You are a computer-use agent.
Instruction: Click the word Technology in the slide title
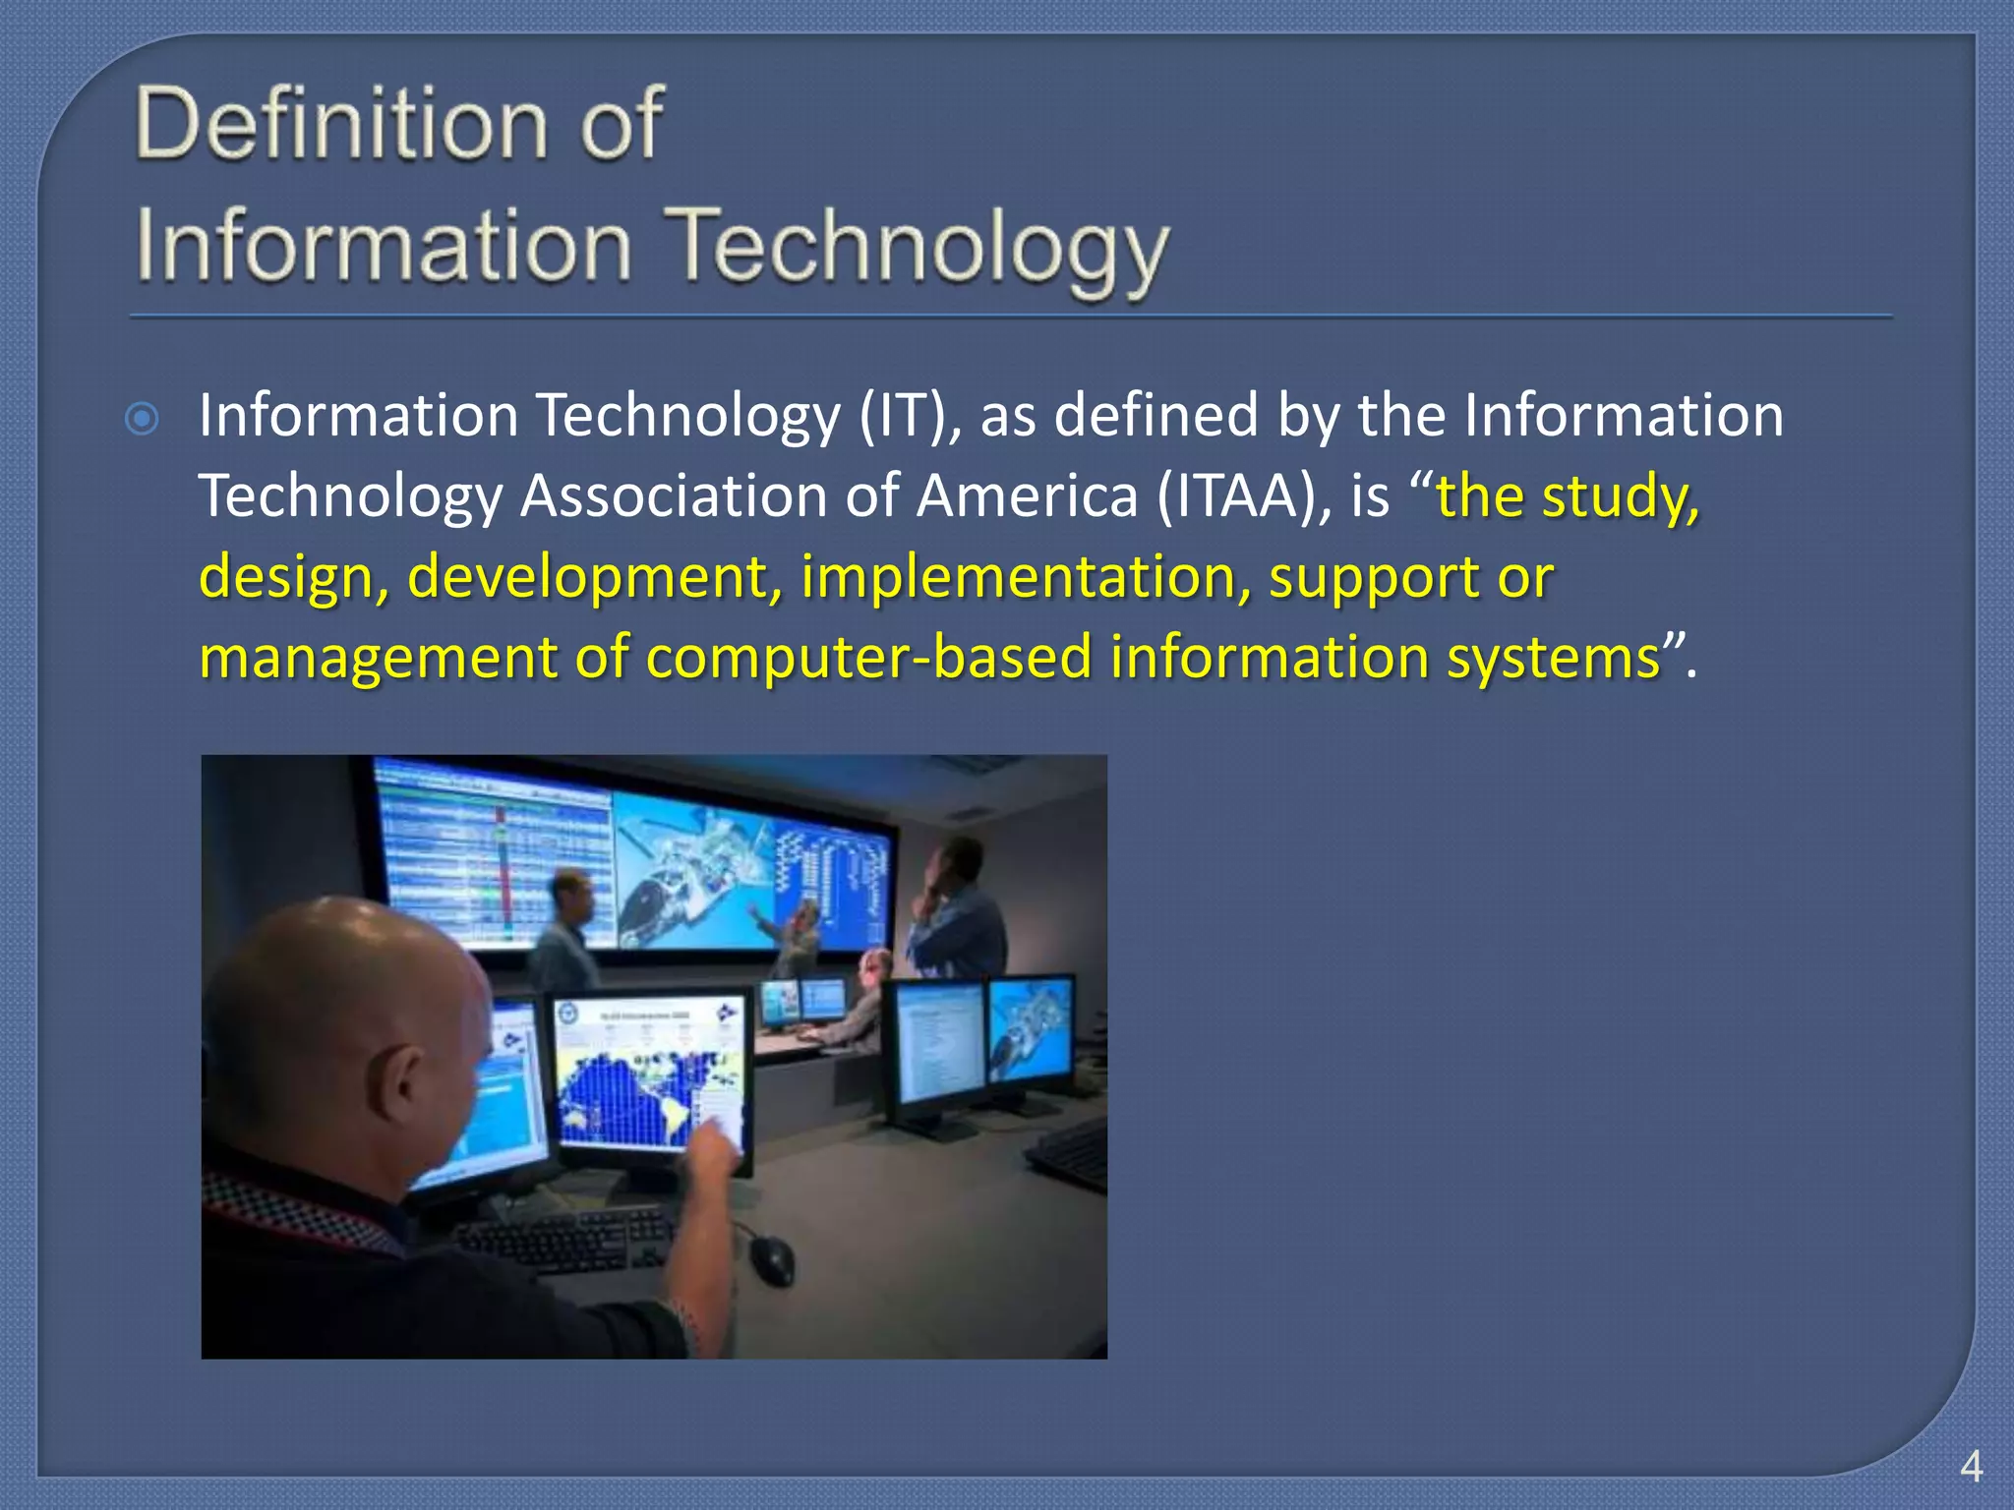point(919,248)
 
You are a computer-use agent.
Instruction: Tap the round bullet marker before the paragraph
point(143,420)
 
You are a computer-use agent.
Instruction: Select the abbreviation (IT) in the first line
point(910,415)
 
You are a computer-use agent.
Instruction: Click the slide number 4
point(1971,1468)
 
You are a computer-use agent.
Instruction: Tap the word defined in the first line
point(1156,415)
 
